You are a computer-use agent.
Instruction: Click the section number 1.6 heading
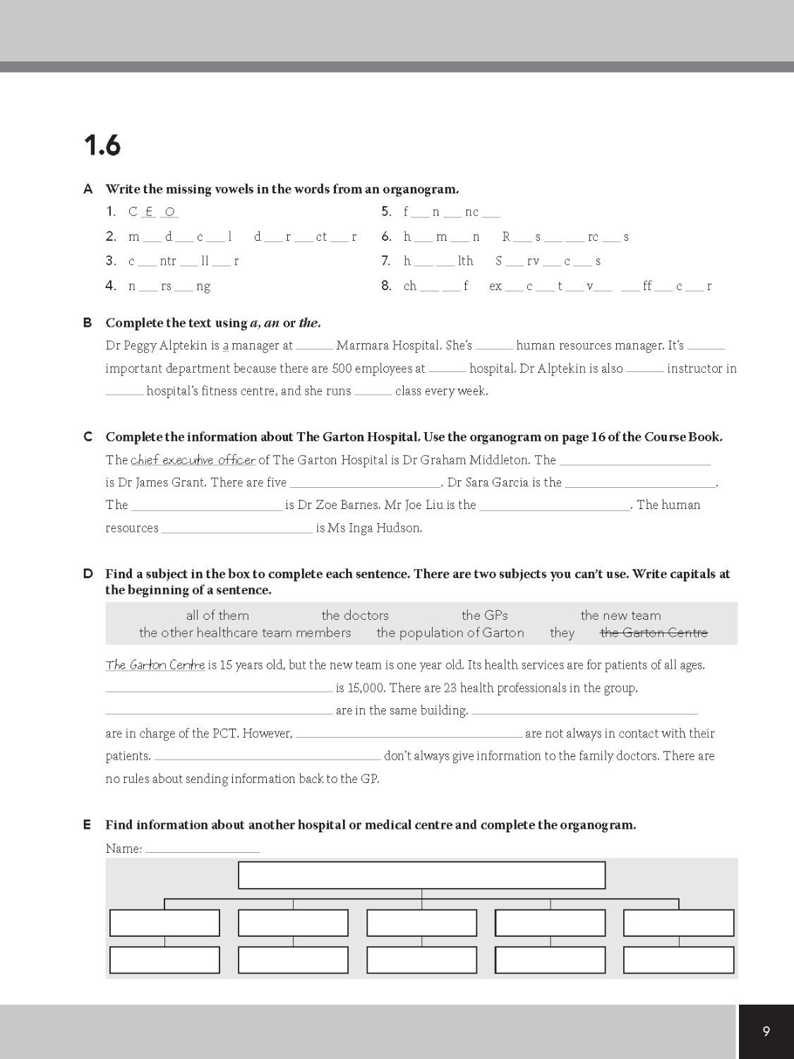pos(102,146)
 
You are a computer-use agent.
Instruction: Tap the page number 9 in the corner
pos(766,1031)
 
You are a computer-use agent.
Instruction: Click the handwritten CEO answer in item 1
pos(153,212)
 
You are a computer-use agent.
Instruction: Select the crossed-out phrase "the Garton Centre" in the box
pos(654,633)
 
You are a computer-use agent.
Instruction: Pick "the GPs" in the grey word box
pos(484,615)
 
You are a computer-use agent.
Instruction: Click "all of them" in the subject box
pos(217,615)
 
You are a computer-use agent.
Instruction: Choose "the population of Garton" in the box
pos(450,633)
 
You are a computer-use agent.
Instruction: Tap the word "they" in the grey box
pos(562,633)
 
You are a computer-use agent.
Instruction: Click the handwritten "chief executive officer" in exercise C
pos(193,460)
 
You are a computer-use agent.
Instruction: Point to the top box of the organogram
pos(421,875)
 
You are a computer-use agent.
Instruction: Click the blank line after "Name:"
pos(202,849)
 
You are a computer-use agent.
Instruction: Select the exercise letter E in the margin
pos(88,825)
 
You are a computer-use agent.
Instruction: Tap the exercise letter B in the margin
pos(88,323)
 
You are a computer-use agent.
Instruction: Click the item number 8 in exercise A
pos(386,286)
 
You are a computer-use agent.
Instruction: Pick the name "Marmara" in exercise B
pos(360,345)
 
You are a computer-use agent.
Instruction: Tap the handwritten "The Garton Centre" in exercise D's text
pos(155,665)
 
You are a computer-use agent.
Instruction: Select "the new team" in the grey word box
pos(620,615)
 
